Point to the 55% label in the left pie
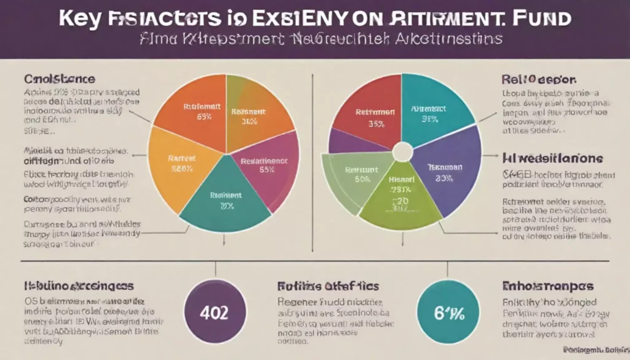[266, 170]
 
